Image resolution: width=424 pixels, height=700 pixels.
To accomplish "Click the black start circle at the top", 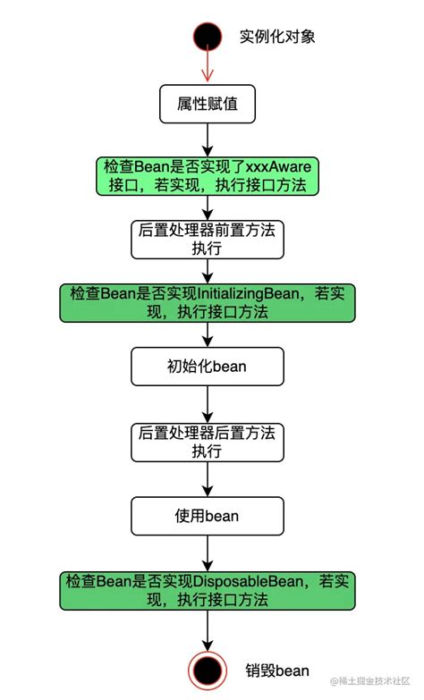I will pos(208,38).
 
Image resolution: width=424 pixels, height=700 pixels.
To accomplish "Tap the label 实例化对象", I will pos(277,37).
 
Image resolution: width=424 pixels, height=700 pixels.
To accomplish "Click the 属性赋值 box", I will pos(208,105).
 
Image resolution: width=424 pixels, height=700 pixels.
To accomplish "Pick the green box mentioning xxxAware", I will pos(208,176).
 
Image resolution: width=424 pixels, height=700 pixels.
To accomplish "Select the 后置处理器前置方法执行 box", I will pos(208,239).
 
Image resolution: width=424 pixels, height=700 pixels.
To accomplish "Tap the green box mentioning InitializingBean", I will pos(208,302).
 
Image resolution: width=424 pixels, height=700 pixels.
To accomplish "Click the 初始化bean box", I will pos(208,365).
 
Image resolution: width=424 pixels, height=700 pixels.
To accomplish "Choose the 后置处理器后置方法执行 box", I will pos(208,442).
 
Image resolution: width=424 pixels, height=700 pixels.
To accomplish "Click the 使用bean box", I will pos(208,516).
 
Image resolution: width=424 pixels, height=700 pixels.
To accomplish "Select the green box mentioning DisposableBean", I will pos(208,591).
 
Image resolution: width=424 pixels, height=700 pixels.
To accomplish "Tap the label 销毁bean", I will pos(277,670).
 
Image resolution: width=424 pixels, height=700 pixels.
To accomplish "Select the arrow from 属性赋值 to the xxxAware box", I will pos(208,139).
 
